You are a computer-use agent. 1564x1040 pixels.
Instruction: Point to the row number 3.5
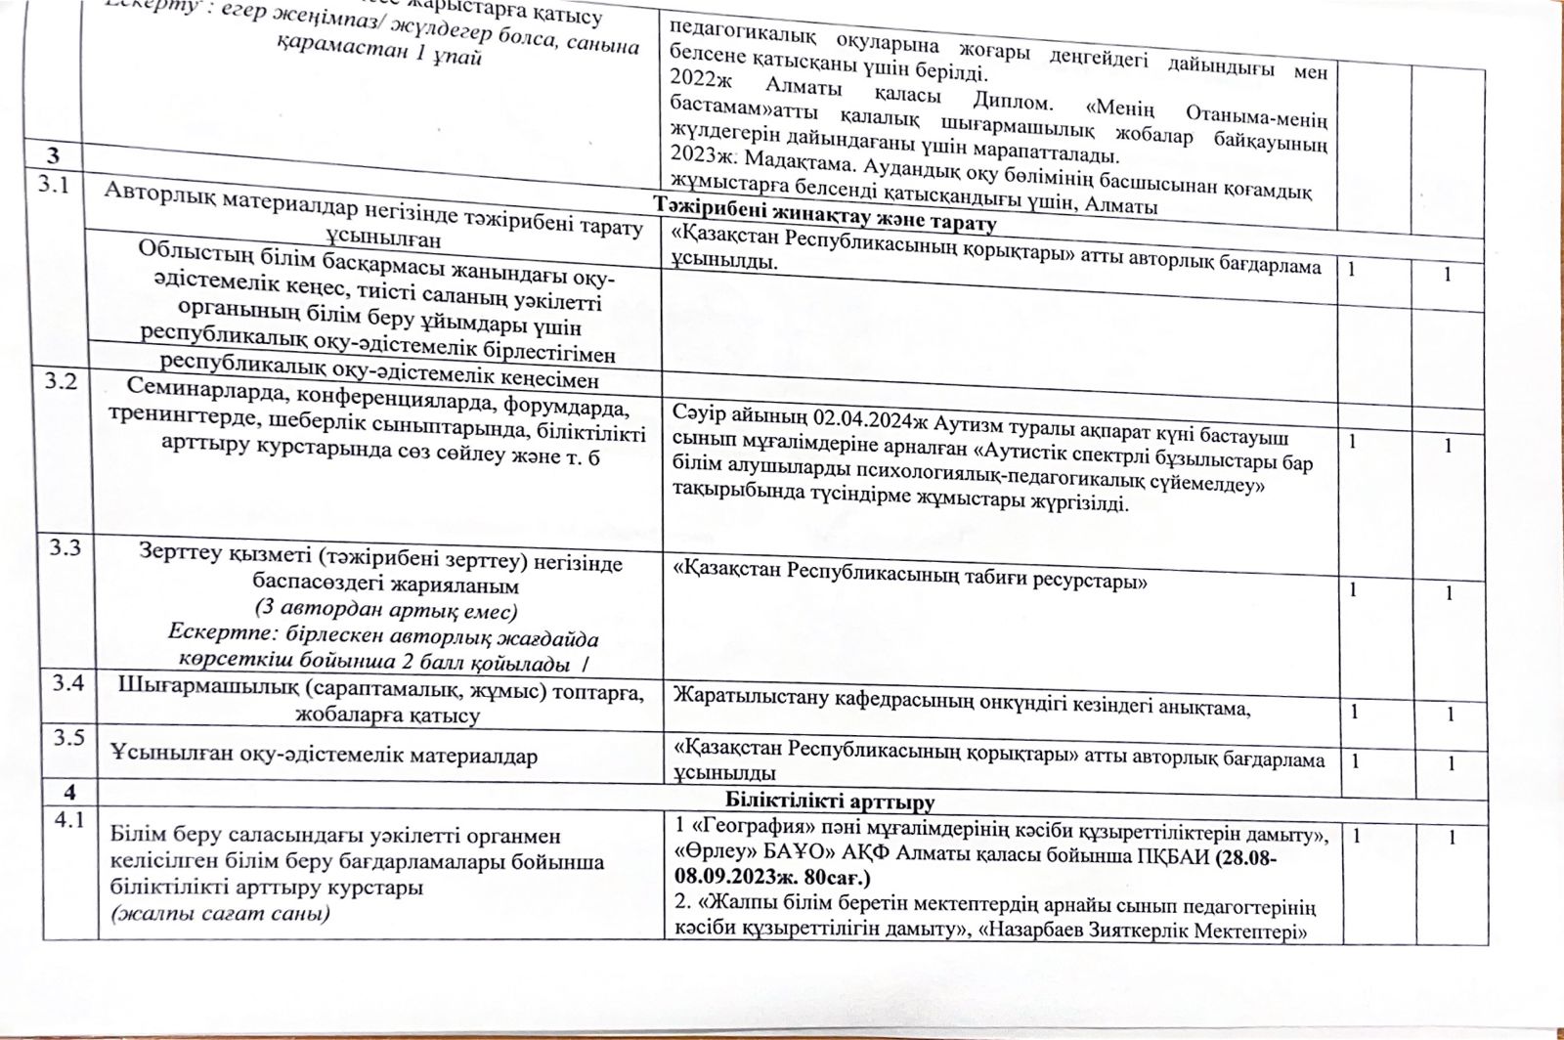67,738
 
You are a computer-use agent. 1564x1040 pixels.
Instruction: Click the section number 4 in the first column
68,792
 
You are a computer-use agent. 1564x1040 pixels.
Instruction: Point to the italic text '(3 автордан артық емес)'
383,609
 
